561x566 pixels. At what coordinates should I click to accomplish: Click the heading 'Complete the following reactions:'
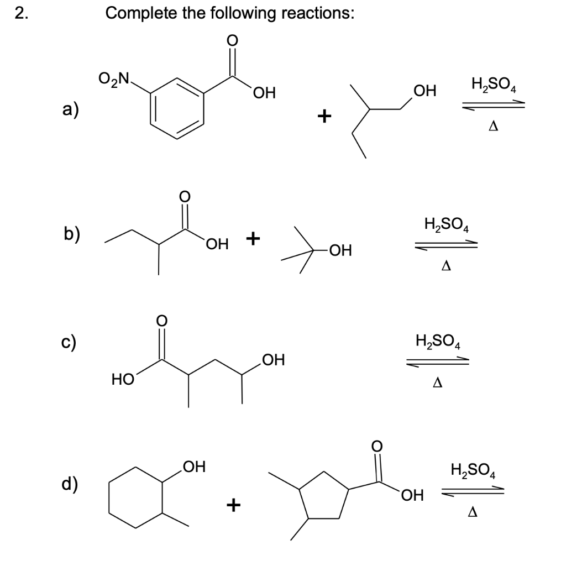tap(229, 13)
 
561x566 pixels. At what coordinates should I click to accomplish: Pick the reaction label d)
tap(69, 483)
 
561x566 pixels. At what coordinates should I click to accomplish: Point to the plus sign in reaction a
tap(324, 116)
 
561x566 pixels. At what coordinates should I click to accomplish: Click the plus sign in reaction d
tap(234, 504)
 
